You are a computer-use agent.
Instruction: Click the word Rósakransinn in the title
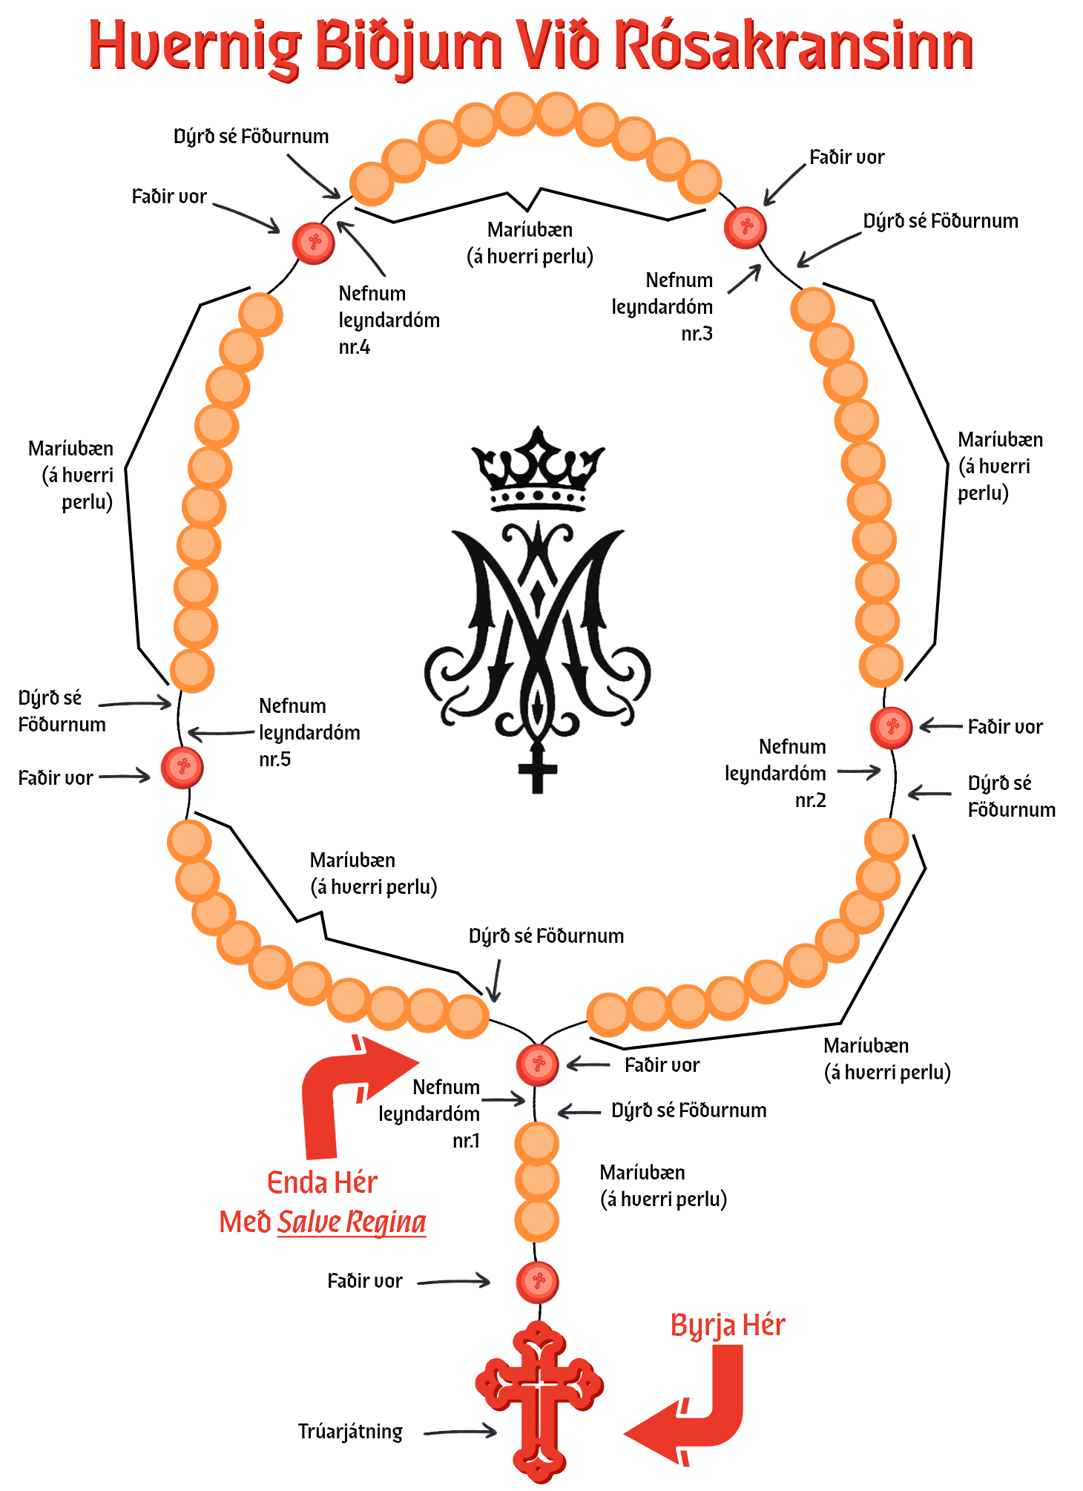point(794,46)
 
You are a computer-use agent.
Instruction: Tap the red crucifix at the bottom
point(539,1402)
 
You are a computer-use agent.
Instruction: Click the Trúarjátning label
point(350,1432)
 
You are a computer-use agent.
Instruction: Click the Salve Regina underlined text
point(352,1222)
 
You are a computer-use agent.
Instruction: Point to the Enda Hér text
point(322,1182)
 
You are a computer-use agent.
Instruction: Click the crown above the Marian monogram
point(538,469)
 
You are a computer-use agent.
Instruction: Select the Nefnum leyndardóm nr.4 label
point(389,320)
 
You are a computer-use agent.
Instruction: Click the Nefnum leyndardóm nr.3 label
point(662,307)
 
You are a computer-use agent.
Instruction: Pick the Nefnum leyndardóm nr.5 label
point(309,733)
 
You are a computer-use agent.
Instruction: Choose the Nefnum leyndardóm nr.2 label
point(775,774)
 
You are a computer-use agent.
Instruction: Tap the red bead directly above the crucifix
point(538,1281)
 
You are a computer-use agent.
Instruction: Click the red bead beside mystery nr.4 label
point(314,243)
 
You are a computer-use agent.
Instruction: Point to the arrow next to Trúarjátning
point(460,1431)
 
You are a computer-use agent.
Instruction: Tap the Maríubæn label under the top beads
point(530,243)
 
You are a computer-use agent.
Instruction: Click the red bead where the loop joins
point(538,1064)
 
